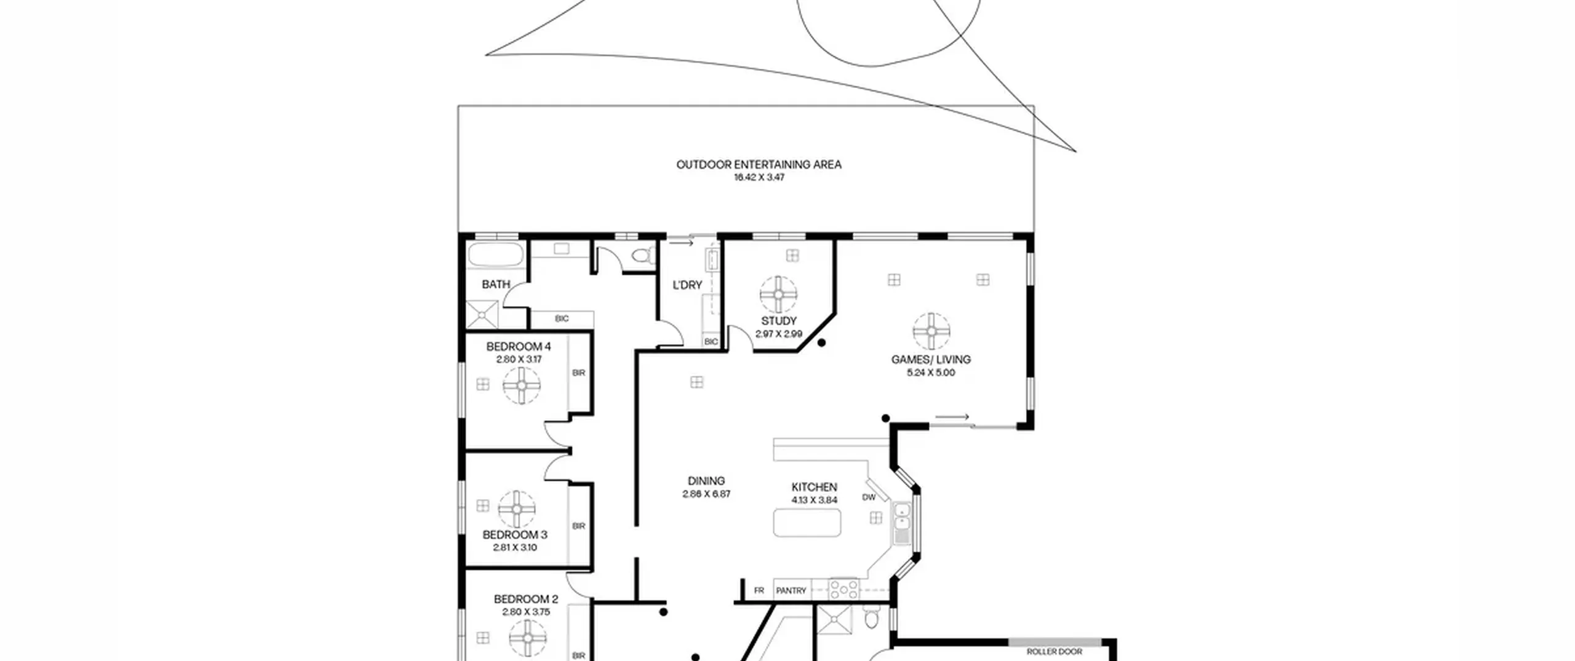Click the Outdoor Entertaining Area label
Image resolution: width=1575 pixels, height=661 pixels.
pos(759,165)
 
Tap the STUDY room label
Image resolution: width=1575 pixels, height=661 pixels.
pos(779,321)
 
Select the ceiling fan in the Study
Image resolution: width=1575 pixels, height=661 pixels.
pos(778,295)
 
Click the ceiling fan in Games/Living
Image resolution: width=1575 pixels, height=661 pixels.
pos(931,331)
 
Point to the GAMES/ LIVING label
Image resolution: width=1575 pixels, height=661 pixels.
pos(931,360)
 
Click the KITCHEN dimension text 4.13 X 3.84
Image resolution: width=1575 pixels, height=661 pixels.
pos(814,500)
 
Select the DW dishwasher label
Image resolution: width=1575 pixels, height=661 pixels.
pos(869,497)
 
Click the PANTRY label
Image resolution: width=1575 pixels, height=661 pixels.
pos(791,590)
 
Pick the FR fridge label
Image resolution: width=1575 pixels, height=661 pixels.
pos(759,590)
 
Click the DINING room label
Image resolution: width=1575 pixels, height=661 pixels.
pos(706,481)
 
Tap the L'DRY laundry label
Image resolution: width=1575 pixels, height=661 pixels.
pos(687,285)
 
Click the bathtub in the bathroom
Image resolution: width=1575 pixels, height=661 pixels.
pos(496,255)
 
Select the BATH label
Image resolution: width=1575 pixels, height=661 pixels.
pos(496,285)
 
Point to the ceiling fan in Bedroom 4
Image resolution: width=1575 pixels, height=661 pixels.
pos(522,386)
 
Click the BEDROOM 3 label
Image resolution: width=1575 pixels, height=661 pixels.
pos(515,535)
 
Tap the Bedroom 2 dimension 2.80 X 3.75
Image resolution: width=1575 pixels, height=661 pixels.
pos(526,612)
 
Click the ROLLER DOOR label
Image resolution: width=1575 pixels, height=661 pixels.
pos(1055,652)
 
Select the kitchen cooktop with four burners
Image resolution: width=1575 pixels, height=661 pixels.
pos(843,589)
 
